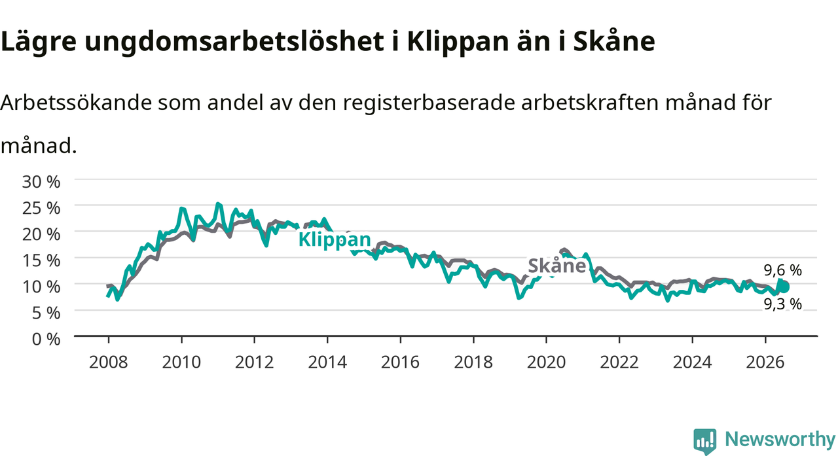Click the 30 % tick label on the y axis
coord(41,182)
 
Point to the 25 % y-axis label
coord(41,208)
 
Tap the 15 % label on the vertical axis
coord(41,260)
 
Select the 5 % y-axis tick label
coord(46,313)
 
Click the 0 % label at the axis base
coord(46,339)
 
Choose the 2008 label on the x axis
coord(109,362)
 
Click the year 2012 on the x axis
coord(255,362)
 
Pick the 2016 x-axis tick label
coord(400,362)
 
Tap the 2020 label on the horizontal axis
coord(546,362)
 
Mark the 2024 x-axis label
coord(692,362)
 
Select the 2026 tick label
coord(765,362)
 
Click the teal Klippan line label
coord(335,239)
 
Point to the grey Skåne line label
coord(556,266)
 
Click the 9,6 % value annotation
coord(782,270)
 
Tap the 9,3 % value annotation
coord(782,304)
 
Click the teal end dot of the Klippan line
coord(784,287)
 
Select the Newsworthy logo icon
coord(705,442)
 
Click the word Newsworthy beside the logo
coord(780,439)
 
